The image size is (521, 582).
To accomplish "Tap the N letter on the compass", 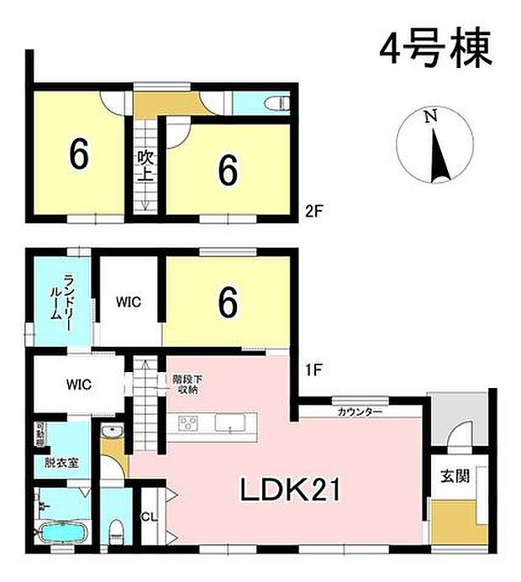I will (430, 118).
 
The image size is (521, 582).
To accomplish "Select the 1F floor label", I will (312, 367).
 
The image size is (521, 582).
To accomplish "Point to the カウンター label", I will (360, 412).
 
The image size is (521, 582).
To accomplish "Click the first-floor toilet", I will (117, 530).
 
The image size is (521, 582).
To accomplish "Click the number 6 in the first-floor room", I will (227, 303).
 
